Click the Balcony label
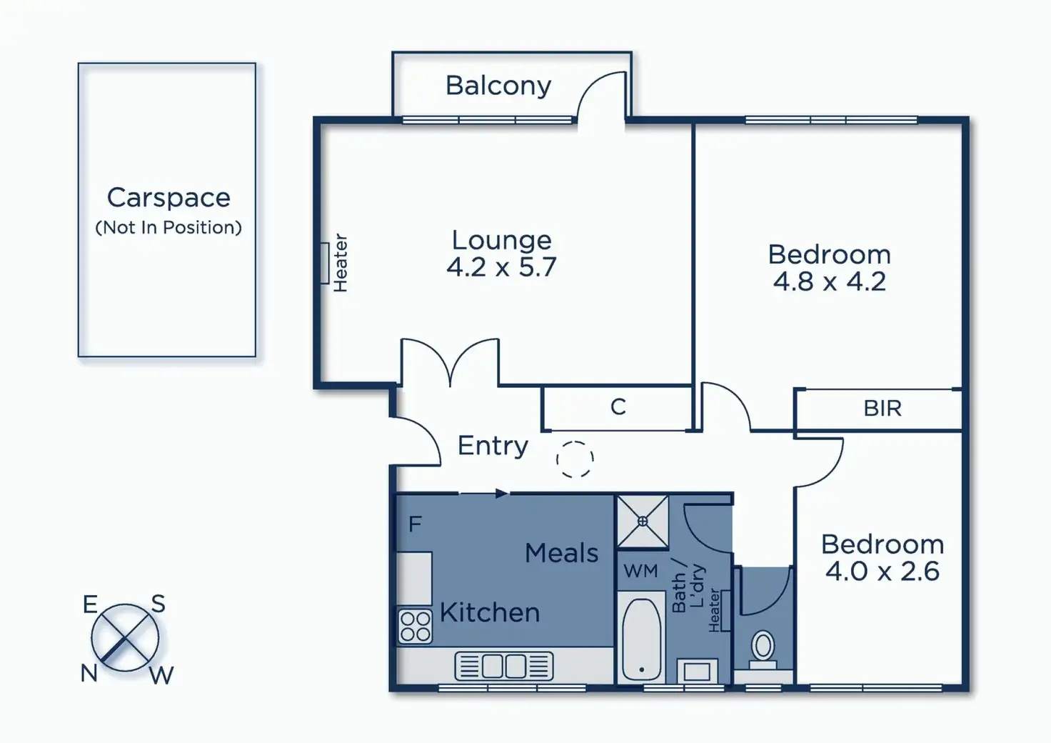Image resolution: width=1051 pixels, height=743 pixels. [x=498, y=86]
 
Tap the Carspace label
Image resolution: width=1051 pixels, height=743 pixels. [x=169, y=197]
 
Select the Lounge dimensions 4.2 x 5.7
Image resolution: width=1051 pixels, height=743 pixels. [x=501, y=267]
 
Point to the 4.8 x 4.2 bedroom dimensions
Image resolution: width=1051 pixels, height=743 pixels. [x=829, y=281]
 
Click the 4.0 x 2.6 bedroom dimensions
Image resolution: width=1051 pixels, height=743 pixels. [x=882, y=572]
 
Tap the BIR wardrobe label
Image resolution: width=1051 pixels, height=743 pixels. [x=882, y=409]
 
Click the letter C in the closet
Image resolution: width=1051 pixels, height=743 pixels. [x=618, y=407]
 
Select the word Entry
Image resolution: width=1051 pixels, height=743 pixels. [x=493, y=446]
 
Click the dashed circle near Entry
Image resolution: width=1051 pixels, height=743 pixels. [x=575, y=459]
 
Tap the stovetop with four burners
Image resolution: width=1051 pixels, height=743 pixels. [x=415, y=626]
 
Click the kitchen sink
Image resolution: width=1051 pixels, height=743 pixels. [x=504, y=666]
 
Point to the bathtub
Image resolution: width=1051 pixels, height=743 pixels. [x=642, y=640]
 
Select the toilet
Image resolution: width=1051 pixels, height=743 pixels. [x=763, y=647]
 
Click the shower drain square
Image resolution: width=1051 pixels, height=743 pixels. [x=643, y=522]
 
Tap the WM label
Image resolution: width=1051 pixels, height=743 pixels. [x=640, y=572]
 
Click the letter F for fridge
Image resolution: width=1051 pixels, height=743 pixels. [x=415, y=524]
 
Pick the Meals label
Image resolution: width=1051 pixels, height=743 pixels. [x=561, y=553]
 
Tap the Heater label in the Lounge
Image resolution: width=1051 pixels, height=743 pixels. [x=341, y=263]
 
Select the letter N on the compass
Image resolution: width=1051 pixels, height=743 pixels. [x=89, y=673]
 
